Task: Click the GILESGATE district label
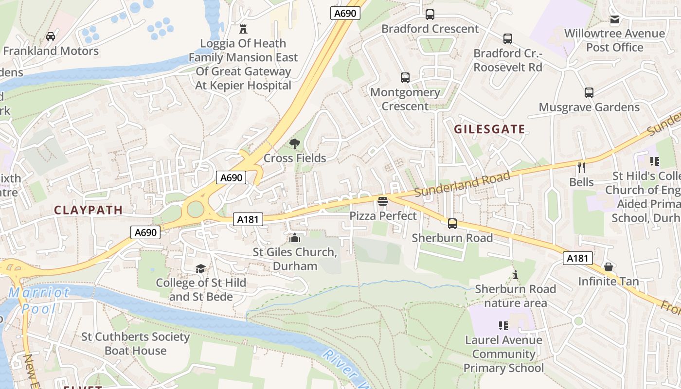click(x=489, y=129)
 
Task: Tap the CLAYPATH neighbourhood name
click(x=88, y=210)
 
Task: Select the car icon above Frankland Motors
click(x=50, y=36)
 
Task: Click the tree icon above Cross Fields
click(x=294, y=144)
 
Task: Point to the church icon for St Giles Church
click(x=294, y=238)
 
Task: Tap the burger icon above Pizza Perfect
click(x=383, y=201)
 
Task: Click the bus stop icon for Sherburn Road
click(x=452, y=224)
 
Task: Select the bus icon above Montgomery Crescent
click(x=405, y=78)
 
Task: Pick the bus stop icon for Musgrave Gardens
click(x=589, y=93)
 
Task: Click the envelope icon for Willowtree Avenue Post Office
click(x=615, y=19)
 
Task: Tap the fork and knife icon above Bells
click(x=581, y=168)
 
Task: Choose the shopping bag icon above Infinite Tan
click(x=608, y=267)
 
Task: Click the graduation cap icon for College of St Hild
click(x=200, y=269)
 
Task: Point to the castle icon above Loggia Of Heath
click(x=243, y=29)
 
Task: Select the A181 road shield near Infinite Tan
click(x=577, y=258)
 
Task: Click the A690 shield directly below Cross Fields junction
click(x=231, y=177)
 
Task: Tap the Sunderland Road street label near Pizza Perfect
click(x=462, y=184)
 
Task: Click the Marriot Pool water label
click(x=39, y=300)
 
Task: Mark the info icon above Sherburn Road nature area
click(x=516, y=275)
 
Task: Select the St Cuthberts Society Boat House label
click(x=135, y=344)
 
